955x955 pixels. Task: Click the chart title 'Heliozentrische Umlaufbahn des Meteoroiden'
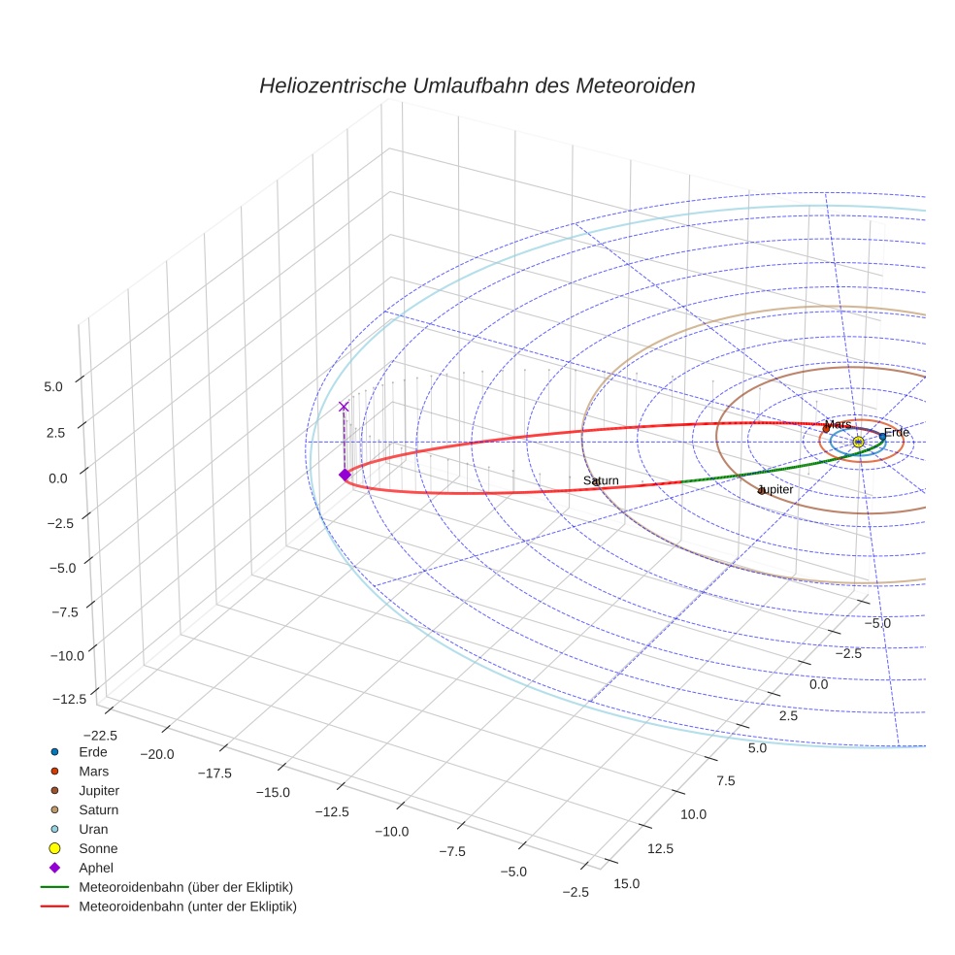pos(477,85)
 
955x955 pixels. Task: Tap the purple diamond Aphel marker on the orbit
pos(344,474)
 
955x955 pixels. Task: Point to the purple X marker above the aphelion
pos(343,407)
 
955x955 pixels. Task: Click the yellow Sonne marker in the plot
pos(858,443)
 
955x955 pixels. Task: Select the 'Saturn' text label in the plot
pos(601,481)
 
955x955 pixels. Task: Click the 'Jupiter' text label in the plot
pos(774,490)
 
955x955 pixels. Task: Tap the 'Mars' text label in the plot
pos(838,424)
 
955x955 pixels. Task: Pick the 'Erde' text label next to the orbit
pos(896,432)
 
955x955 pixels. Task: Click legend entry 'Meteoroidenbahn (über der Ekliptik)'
pos(186,887)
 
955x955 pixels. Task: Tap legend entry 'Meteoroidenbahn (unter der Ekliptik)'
pos(187,906)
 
